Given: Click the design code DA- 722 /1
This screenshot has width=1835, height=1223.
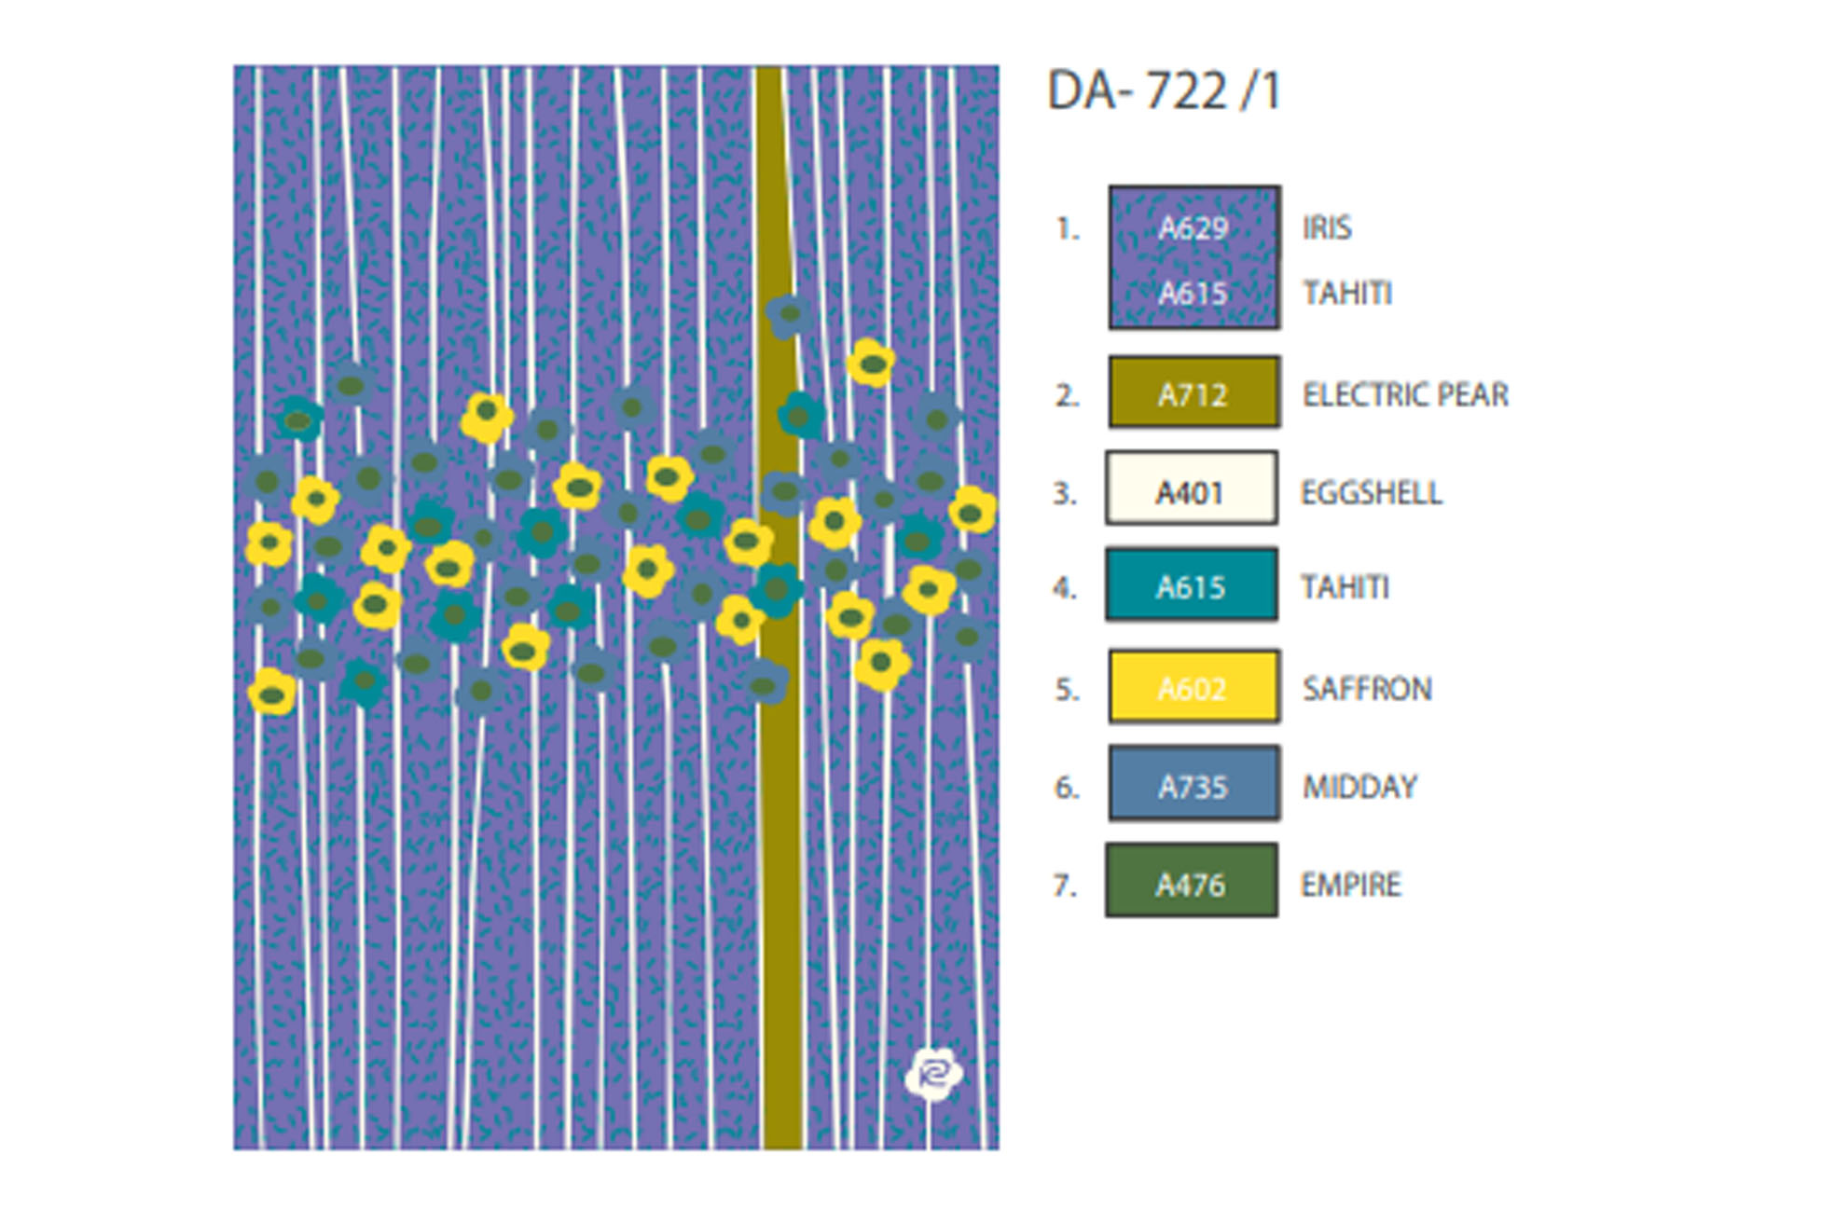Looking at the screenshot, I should (x=1164, y=91).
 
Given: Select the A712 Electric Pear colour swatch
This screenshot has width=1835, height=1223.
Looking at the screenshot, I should (x=1193, y=392).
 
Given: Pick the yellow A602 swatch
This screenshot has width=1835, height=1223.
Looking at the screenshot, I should (x=1193, y=687).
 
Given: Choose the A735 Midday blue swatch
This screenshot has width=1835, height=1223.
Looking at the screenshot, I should (x=1193, y=785).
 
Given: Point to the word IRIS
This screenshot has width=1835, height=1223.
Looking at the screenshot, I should (x=1327, y=227).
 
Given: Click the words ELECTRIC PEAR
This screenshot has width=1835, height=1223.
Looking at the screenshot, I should (x=1405, y=394).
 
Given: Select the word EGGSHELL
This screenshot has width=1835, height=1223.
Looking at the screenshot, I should (x=1371, y=492).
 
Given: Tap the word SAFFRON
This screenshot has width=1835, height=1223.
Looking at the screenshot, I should (x=1367, y=689).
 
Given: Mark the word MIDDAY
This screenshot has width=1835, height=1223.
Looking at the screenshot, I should (x=1359, y=787).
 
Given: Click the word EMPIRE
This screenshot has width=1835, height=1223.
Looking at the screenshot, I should (x=1350, y=884).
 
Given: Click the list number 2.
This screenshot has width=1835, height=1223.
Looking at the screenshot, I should (x=1067, y=395).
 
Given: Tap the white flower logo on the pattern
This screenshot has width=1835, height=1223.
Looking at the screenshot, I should (x=933, y=1074).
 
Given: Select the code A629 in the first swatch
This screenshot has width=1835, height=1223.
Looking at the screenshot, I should (x=1193, y=227).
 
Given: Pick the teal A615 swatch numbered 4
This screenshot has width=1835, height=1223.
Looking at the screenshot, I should (x=1191, y=585).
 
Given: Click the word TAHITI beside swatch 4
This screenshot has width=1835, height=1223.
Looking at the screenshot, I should (x=1345, y=587).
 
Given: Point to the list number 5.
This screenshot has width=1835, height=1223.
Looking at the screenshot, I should (x=1067, y=689).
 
